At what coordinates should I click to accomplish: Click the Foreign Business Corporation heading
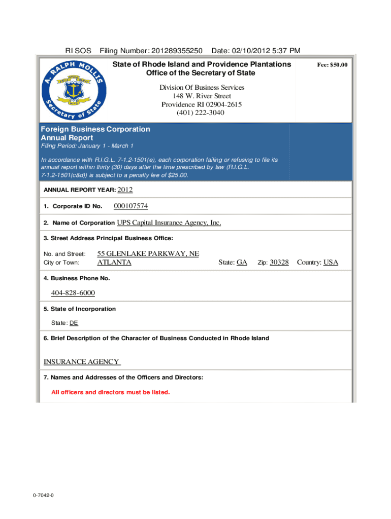coord(95,129)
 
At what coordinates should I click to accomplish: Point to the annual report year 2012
coord(125,190)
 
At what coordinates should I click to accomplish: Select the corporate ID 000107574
coord(131,206)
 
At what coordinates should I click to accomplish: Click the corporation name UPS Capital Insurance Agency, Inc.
coord(169,223)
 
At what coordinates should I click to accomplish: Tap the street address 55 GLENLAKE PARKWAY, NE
coord(148,253)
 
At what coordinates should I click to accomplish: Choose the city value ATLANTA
coord(114,263)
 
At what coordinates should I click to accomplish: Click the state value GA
coord(242,263)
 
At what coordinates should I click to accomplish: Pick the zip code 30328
coord(279,263)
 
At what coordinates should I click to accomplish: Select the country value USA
coord(331,263)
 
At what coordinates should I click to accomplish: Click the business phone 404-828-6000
coord(73,293)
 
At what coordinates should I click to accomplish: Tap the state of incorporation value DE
coord(74,323)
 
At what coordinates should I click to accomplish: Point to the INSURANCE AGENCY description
coord(82,362)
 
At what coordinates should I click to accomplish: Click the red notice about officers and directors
coord(111,392)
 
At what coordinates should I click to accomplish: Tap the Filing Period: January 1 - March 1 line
coord(87,146)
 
